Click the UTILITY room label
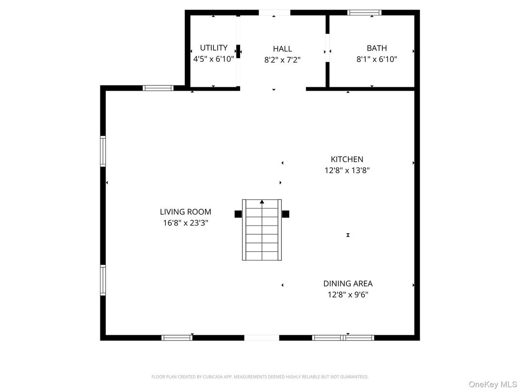(213, 48)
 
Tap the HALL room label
(282, 49)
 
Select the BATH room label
(376, 48)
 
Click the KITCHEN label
(347, 159)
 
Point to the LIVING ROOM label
(185, 211)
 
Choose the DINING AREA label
(348, 283)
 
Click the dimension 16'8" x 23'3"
(185, 223)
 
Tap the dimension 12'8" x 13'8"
(347, 170)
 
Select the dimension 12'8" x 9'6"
(348, 294)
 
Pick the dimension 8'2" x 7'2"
(282, 60)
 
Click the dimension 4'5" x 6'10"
(213, 59)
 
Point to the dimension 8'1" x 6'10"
(376, 59)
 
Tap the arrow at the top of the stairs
(262, 201)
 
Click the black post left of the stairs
(238, 214)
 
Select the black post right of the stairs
(286, 214)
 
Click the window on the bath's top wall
(365, 13)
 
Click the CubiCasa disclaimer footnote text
(260, 376)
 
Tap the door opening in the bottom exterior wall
(261, 338)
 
